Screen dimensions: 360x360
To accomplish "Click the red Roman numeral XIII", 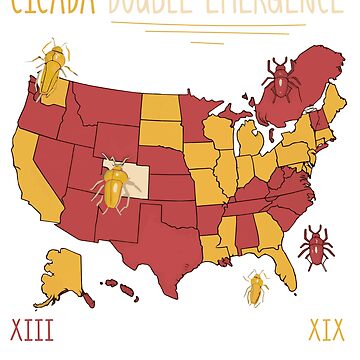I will (x=31, y=328).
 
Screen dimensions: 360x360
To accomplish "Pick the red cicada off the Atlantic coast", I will (x=316, y=246).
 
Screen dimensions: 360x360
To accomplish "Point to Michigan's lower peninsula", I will (x=251, y=140).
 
